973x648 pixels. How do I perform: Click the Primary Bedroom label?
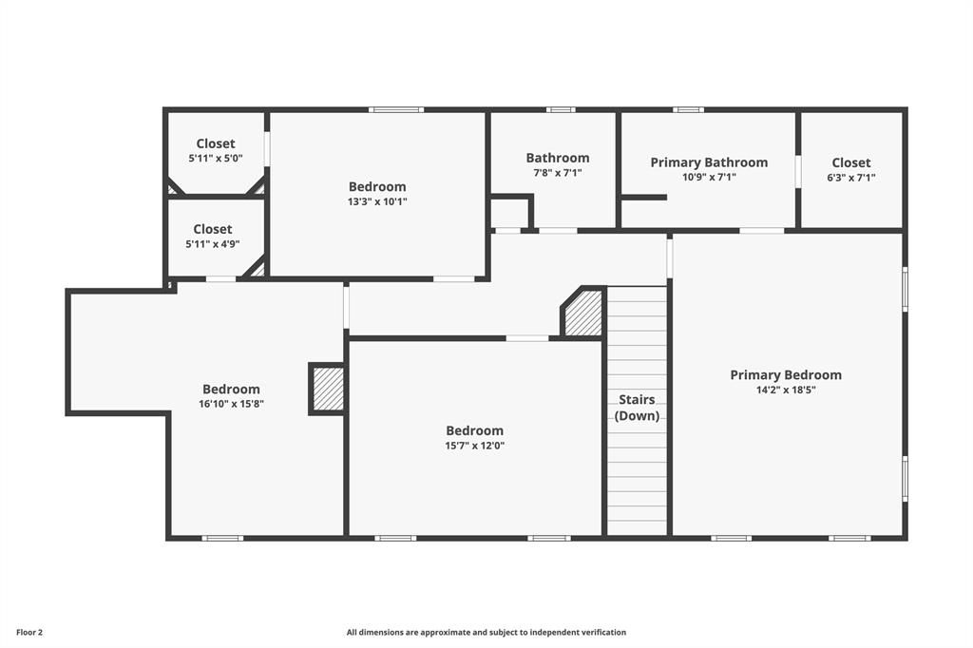(x=786, y=375)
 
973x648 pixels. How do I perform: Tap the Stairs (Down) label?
(x=637, y=408)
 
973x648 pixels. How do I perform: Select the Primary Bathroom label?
(x=709, y=162)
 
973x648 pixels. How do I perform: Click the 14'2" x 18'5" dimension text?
(x=786, y=391)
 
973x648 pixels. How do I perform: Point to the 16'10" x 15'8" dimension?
(x=232, y=404)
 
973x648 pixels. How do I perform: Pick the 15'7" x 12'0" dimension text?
(x=475, y=446)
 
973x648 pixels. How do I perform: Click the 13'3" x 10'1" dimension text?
(x=377, y=201)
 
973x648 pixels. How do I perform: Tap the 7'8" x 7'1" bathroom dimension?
(x=558, y=173)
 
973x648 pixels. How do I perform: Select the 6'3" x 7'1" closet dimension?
(x=850, y=178)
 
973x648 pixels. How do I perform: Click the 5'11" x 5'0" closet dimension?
(x=216, y=159)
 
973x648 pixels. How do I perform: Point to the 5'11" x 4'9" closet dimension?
(x=212, y=244)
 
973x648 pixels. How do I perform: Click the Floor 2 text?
(x=29, y=633)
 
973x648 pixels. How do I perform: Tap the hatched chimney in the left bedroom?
(x=328, y=390)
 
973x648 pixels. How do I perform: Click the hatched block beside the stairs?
(x=583, y=313)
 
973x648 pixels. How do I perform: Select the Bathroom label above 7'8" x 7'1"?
(x=558, y=158)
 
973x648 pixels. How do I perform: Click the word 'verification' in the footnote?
(x=604, y=633)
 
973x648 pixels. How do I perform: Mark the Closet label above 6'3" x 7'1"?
(x=850, y=162)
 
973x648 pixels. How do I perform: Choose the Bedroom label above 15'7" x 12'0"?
(x=475, y=430)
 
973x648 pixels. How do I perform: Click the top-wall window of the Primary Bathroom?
(x=688, y=110)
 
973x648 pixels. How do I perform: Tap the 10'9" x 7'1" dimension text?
(x=709, y=178)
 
